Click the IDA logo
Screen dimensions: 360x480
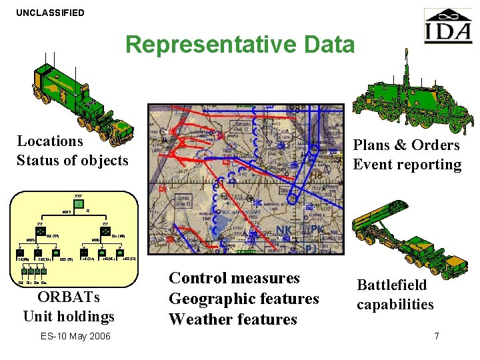coord(447,27)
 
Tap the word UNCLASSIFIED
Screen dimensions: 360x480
coord(51,13)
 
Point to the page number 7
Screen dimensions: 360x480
coord(437,336)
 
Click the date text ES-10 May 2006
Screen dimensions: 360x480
coord(75,335)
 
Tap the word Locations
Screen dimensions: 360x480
coord(50,141)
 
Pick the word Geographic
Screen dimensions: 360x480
coord(214,298)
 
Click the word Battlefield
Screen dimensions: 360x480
coord(391,285)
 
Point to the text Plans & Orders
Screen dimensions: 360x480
coord(406,145)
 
